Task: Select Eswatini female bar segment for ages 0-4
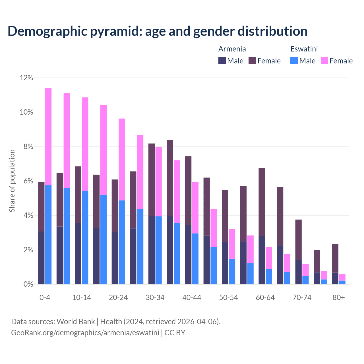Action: coord(48,136)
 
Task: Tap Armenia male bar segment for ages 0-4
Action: coord(41,258)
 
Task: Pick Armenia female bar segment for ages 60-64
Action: coord(262,202)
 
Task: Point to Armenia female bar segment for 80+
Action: coord(335,258)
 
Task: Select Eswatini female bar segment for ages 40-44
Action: coord(195,208)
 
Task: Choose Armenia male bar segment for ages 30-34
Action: coord(152,250)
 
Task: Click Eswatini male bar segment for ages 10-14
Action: coord(85,237)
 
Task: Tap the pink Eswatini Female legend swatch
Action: coord(324,61)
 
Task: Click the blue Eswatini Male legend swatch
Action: coord(294,61)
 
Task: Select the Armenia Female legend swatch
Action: coord(252,61)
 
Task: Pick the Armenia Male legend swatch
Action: coord(222,61)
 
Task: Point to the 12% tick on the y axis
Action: coord(26,78)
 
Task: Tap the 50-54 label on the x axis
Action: coord(228,298)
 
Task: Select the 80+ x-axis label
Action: coord(338,298)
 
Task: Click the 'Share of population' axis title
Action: coord(12,181)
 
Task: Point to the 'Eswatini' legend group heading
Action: coord(304,49)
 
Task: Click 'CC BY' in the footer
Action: coord(175,332)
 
